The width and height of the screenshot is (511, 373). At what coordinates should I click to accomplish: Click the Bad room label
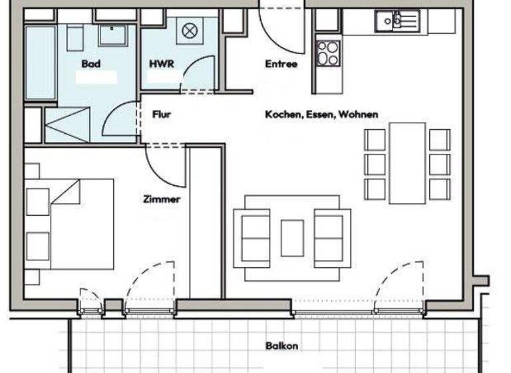coord(91,64)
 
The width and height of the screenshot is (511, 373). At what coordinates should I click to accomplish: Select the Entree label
coord(281,64)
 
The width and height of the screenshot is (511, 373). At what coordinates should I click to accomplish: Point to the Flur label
coord(162,115)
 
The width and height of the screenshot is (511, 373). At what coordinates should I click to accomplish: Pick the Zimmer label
coord(162,198)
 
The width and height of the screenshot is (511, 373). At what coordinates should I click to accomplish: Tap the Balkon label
coord(281,346)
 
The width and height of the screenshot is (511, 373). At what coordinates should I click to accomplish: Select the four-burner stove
coord(327,53)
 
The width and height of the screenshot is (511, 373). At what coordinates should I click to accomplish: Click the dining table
coord(407,163)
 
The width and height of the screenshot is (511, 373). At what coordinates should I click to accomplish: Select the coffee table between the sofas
coord(292,238)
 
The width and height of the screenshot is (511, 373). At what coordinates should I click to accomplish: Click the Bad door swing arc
coord(120,120)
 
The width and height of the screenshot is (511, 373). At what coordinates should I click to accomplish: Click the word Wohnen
coord(358,115)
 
